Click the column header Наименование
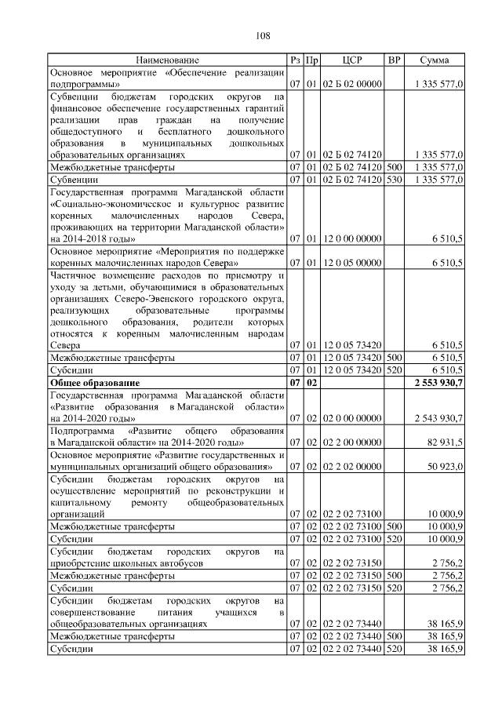click(167, 60)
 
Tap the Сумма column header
click(434, 60)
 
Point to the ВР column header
click(395, 60)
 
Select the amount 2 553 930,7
click(436, 382)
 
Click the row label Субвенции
click(72, 180)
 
